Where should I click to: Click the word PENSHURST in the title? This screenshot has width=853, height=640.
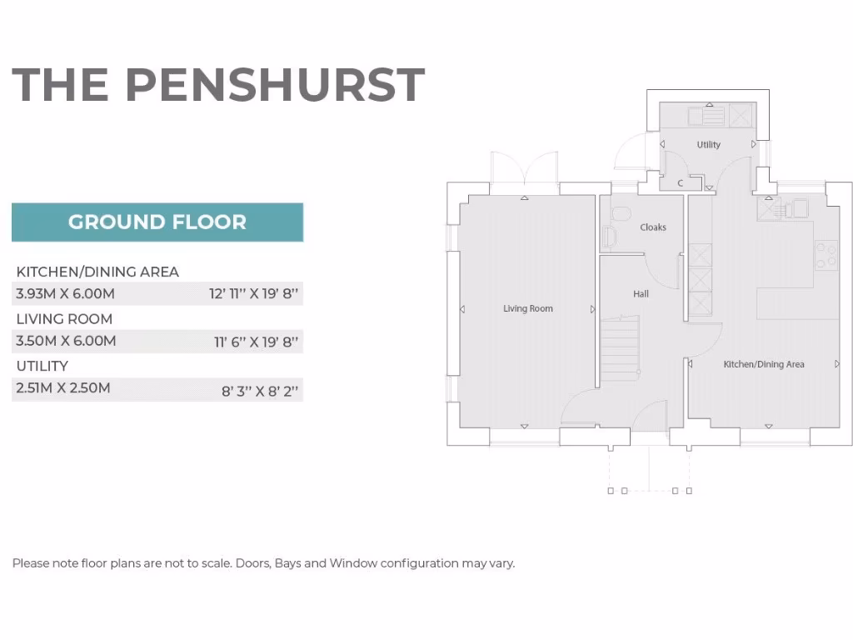(275, 84)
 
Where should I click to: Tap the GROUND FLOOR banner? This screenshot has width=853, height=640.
(157, 222)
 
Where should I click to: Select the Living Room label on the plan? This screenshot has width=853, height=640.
(527, 308)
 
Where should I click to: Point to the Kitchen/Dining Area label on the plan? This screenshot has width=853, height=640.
(763, 364)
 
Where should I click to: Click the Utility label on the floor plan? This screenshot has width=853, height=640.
(708, 145)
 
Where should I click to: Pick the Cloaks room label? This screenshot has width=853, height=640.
(653, 227)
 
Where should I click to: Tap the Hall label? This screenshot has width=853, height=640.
(641, 293)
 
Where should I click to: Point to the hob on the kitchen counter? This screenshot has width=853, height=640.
(826, 254)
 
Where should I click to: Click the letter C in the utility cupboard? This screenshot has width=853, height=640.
(680, 182)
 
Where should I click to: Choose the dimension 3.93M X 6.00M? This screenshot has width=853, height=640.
(66, 293)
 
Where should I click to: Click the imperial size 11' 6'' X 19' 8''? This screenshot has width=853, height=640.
(256, 341)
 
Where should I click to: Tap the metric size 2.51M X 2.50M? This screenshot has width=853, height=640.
(63, 388)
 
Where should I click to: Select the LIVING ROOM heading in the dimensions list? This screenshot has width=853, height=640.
(64, 319)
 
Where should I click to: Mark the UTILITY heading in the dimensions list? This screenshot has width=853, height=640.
(42, 366)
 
